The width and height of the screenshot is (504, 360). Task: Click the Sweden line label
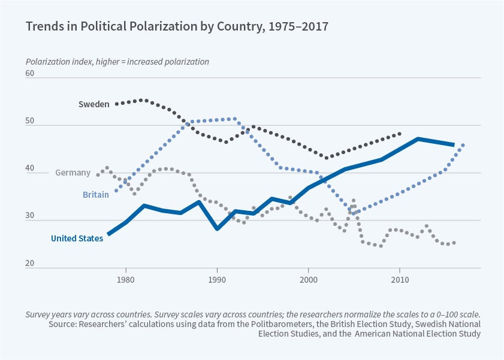click(x=93, y=104)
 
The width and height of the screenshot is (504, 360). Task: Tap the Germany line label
click(x=73, y=173)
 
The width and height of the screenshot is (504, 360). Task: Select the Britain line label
click(x=96, y=195)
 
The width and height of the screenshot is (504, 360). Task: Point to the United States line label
click(x=77, y=238)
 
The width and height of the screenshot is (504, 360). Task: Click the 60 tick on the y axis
click(x=30, y=74)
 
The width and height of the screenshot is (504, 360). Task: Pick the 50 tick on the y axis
click(x=30, y=122)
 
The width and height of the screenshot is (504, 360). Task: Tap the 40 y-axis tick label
click(x=30, y=170)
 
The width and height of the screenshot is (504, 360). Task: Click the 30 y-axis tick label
click(x=30, y=217)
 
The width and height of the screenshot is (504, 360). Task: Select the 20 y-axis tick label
click(x=30, y=264)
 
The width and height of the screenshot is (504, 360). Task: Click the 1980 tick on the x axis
click(x=125, y=280)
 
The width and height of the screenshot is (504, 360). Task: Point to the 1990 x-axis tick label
click(x=217, y=280)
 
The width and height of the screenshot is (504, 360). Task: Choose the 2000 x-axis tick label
click(x=308, y=280)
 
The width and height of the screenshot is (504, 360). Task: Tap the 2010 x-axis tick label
click(x=400, y=280)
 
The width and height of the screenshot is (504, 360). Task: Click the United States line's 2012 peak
click(x=418, y=139)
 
